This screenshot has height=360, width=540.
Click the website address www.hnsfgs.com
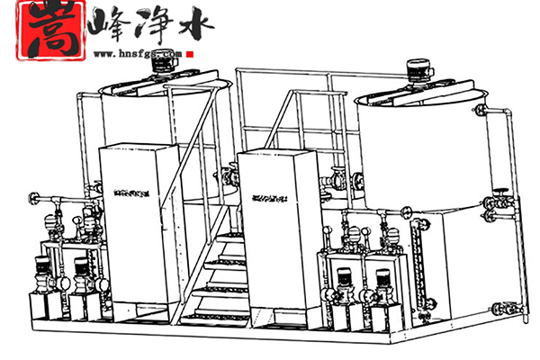click(136, 53)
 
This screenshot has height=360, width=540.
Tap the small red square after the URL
click(192, 53)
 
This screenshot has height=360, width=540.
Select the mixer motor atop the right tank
click(417, 69)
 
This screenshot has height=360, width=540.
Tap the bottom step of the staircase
click(216, 317)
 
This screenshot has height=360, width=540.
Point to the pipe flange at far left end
click(33, 198)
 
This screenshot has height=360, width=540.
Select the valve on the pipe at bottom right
click(498, 308)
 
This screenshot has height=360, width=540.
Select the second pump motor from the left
click(81, 274)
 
